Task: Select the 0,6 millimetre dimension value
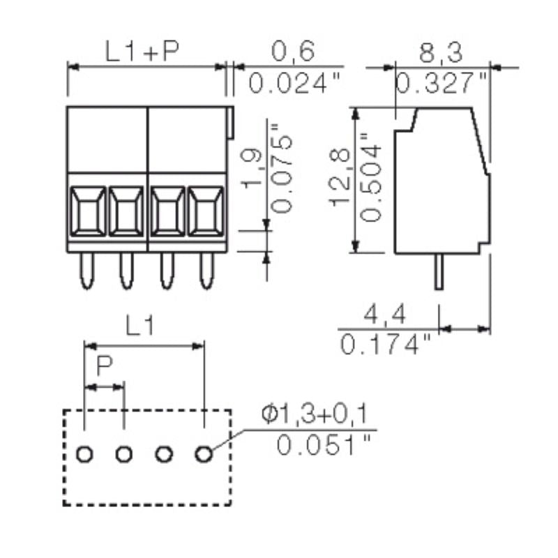293,51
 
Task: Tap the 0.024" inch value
294,84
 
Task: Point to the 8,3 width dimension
442,51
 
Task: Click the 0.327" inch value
442,84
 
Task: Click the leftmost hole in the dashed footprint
84,455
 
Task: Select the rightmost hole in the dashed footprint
204,455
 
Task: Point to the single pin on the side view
438,272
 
